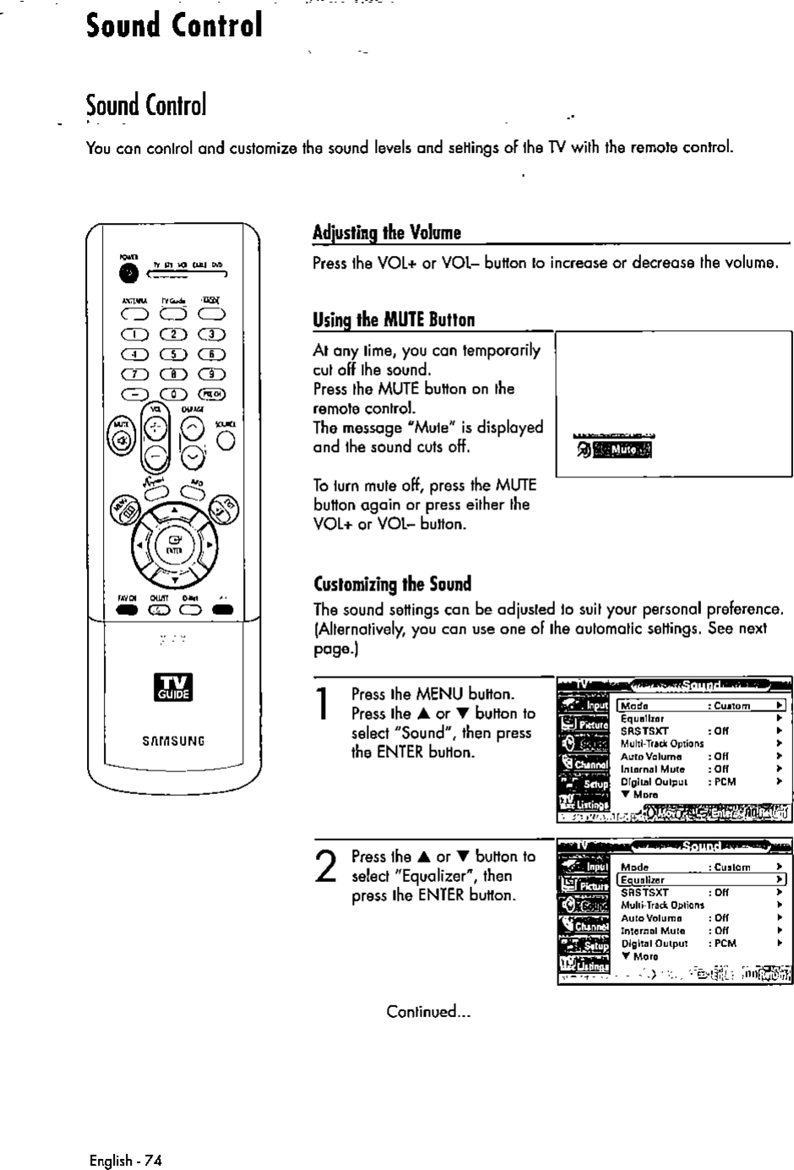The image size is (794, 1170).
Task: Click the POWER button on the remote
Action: pyautogui.click(x=128, y=274)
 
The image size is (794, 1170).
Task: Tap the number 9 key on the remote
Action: pyautogui.click(x=210, y=373)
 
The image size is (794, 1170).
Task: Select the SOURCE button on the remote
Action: pyautogui.click(x=226, y=440)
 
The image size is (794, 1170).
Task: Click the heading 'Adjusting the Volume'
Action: pyautogui.click(x=387, y=232)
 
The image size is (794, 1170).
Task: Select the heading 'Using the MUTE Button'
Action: pyautogui.click(x=394, y=319)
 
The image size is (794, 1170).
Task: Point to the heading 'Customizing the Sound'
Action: pyautogui.click(x=392, y=584)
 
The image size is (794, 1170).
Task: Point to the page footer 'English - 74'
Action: pyautogui.click(x=125, y=1160)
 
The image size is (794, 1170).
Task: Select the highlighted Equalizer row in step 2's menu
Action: pyautogui.click(x=701, y=879)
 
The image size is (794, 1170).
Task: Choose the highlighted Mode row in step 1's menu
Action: pyautogui.click(x=701, y=705)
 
